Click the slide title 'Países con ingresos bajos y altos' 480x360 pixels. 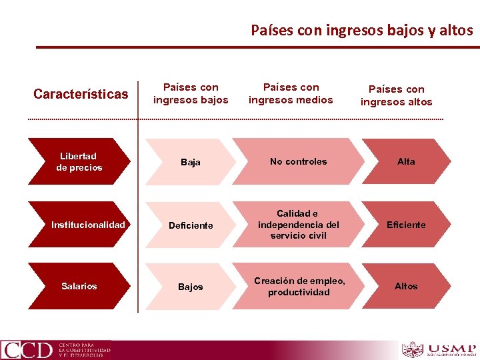point(361,30)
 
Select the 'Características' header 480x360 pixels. point(81,94)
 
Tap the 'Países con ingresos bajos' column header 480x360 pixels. point(191,94)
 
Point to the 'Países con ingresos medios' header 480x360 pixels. point(291,93)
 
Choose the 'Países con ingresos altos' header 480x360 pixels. point(396,95)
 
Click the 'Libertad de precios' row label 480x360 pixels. point(79,162)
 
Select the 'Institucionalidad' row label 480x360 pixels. point(87,225)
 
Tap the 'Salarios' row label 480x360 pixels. point(79,286)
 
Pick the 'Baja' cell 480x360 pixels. point(191,162)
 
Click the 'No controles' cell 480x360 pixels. point(298,161)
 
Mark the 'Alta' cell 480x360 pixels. point(406,161)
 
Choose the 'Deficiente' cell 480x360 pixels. point(191,225)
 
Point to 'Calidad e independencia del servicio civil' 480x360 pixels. point(298,225)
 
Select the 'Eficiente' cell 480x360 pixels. point(406,225)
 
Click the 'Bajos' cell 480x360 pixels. point(191,287)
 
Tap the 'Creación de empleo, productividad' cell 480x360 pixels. point(299,287)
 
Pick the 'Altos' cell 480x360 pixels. point(406,286)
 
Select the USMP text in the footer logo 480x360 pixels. point(453,347)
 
